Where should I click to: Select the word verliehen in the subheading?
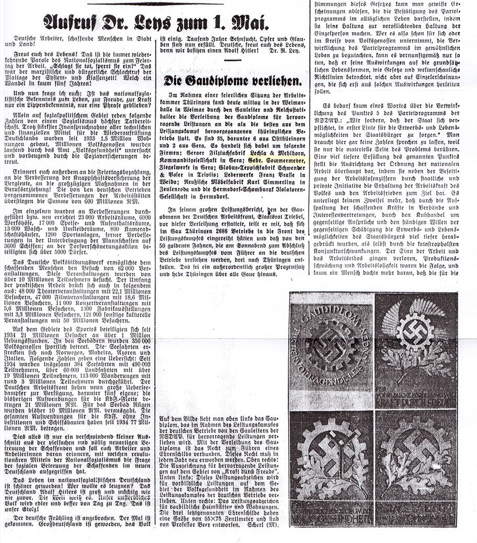tap(274, 81)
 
